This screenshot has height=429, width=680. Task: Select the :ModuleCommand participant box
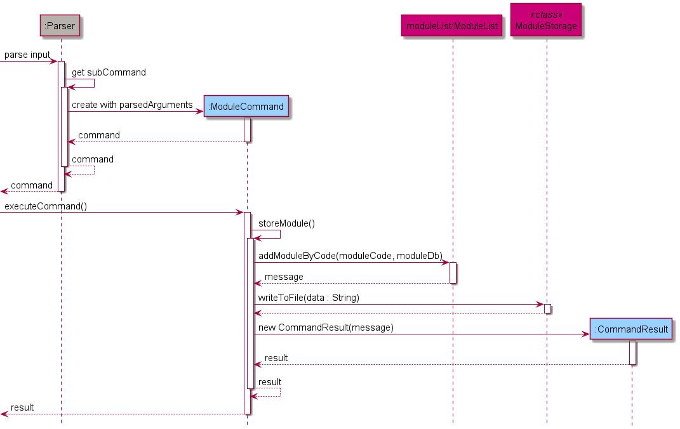point(246,106)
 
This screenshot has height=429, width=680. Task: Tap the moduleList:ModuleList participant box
point(452,26)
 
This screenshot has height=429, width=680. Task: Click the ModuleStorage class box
point(546,20)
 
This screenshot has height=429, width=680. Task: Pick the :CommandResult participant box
point(630,329)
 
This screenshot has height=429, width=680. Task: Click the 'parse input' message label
point(27,55)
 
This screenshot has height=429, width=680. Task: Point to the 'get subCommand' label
point(109,72)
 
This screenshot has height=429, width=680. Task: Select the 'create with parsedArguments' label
point(132,105)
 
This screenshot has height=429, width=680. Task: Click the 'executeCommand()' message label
point(46,206)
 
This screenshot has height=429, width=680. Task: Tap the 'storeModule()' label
point(286,223)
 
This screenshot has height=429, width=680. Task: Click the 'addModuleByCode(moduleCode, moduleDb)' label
point(350,255)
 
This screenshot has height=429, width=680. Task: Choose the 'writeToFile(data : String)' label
point(309,297)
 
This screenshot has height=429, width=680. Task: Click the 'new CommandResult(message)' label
point(326,327)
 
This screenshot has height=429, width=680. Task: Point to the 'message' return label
point(284,277)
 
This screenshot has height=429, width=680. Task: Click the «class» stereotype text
point(546,14)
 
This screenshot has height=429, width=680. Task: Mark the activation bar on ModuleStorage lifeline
point(547,308)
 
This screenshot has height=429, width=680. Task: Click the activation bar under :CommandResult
point(632,352)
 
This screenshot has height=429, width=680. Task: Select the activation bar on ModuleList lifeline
point(453,273)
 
